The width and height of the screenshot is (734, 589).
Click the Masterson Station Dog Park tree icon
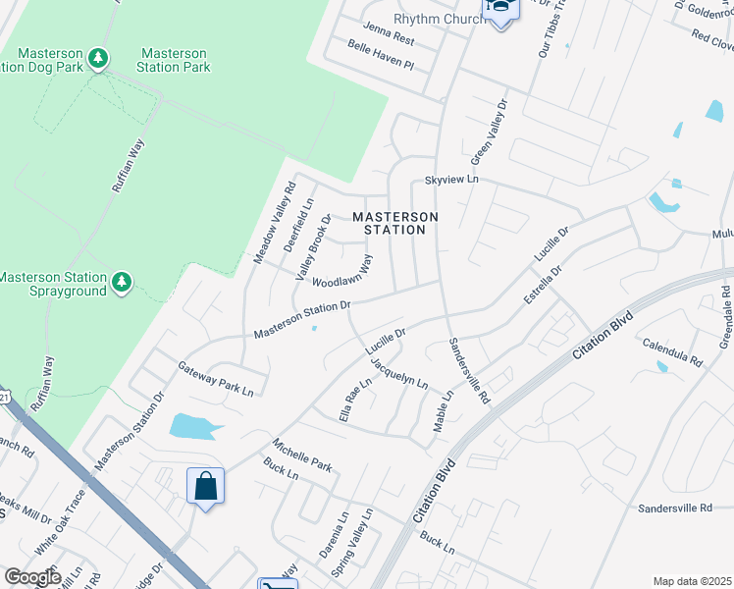pos(97,60)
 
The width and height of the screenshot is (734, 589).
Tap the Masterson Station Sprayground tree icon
pos(122,284)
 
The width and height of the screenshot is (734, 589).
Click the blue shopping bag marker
pos(205,486)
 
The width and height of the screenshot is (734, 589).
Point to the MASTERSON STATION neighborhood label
pos(394,223)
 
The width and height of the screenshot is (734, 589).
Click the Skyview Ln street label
pos(450,181)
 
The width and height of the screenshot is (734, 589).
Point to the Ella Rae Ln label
pos(356,399)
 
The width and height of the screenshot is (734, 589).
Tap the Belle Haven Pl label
pos(382,57)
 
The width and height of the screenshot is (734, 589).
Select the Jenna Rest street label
pos(388,34)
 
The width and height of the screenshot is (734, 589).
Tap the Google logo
pos(32,577)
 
